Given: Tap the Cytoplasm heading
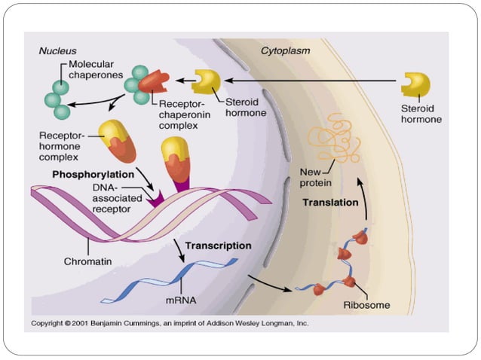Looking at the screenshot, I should pyautogui.click(x=285, y=50).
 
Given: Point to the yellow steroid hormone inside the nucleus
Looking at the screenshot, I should pyautogui.click(x=207, y=82).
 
